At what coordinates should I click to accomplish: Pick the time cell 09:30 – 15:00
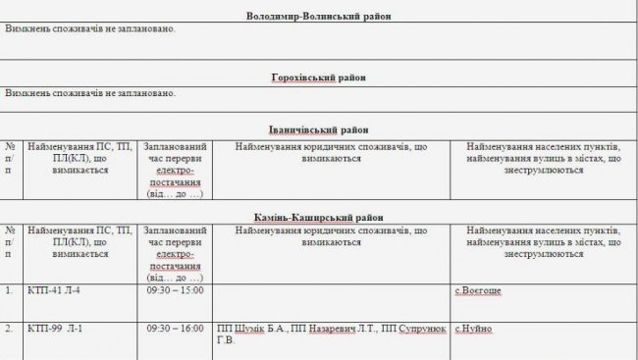click(x=174, y=291)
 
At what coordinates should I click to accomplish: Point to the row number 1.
click(x=8, y=291)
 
